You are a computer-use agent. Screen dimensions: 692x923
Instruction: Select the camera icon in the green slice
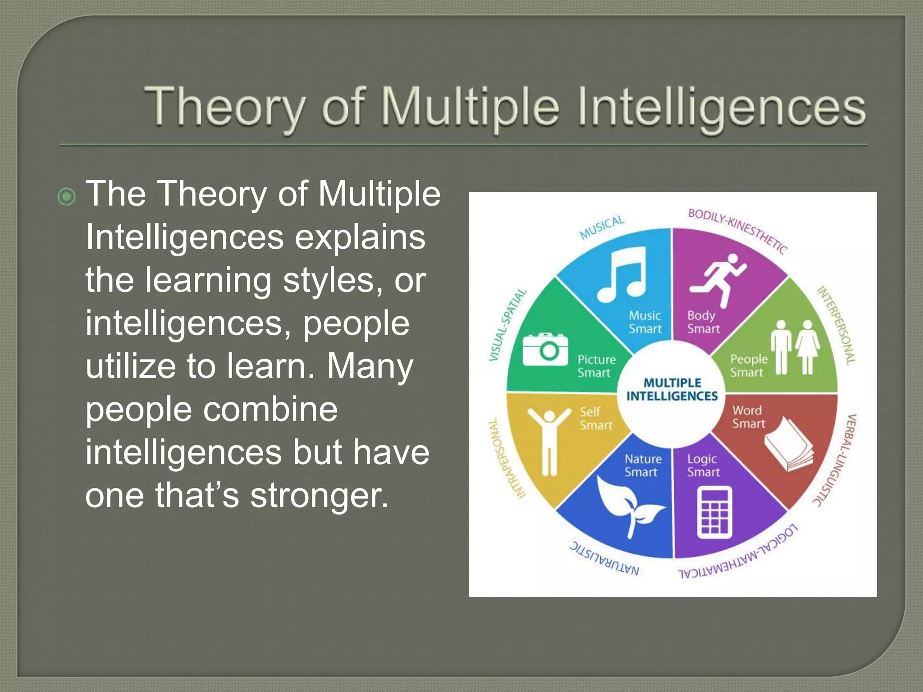coord(545,350)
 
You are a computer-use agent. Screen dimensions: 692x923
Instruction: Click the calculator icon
coord(714,513)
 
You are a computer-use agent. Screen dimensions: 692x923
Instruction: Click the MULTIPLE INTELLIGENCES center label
coord(672,390)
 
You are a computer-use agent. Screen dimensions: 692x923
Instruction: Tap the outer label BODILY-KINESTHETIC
coord(738,231)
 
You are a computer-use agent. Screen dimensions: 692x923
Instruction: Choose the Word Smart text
coord(748,417)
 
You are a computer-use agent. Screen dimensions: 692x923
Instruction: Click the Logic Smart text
coord(703,465)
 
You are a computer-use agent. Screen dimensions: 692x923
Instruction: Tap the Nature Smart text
coord(642,465)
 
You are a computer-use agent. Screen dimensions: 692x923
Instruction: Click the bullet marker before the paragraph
coord(67,197)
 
